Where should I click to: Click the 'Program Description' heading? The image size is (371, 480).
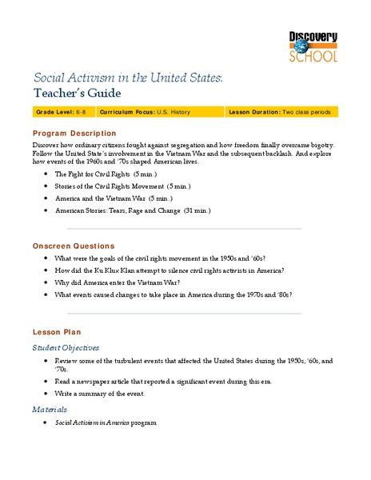coord(74,133)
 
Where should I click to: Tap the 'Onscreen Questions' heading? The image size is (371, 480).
coord(74,246)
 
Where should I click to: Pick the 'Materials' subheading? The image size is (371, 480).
coord(50,409)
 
